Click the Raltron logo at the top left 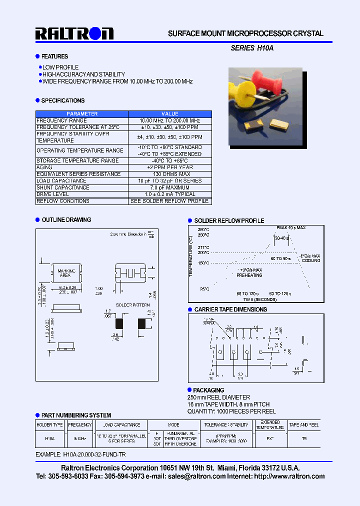click(74, 33)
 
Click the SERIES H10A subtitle click(252, 48)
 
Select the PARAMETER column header click(82, 114)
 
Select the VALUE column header click(170, 114)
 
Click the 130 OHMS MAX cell click(170, 174)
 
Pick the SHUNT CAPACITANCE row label click(63, 187)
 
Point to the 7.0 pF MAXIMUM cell click(170, 187)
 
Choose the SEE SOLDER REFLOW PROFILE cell click(170, 201)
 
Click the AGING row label click(44, 167)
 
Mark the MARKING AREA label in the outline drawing click(65, 273)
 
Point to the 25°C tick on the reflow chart click(203, 289)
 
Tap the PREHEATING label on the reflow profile click(249, 275)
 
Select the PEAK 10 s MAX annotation click(291, 228)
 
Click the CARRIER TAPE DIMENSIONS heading click(230, 309)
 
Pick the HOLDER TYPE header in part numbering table click(50, 425)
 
